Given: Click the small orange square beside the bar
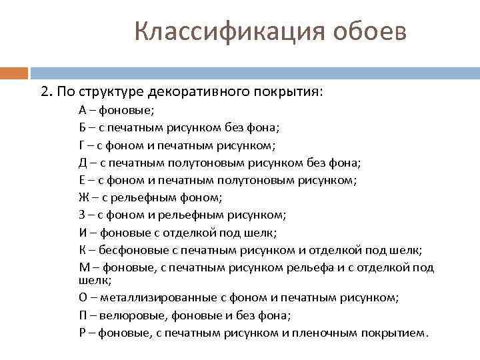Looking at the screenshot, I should click(x=13, y=73).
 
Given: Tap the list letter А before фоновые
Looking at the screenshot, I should click(x=82, y=110).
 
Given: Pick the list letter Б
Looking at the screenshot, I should click(x=82, y=127).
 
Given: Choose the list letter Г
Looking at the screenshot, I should click(x=81, y=145).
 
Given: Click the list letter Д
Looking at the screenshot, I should click(x=82, y=162).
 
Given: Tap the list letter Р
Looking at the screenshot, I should click(x=81, y=333).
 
